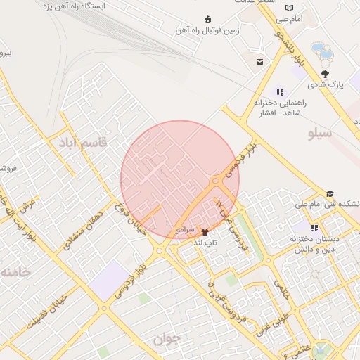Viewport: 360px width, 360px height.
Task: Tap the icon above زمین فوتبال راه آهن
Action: point(207,19)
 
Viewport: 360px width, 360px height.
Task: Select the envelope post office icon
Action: point(259,62)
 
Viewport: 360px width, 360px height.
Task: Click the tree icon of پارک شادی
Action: point(325,73)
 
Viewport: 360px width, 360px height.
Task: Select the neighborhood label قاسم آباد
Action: point(84,142)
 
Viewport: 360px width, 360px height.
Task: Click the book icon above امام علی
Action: point(289,8)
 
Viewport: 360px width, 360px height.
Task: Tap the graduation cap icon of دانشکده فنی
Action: point(329,194)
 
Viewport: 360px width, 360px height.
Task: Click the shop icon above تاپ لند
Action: point(205,231)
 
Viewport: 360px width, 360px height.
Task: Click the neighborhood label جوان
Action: point(167,338)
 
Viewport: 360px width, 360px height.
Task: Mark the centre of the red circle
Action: point(180,180)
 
